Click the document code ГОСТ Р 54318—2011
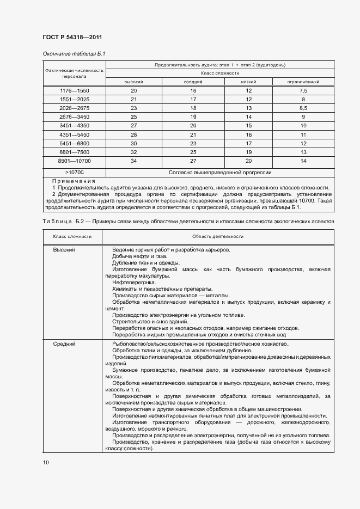click(x=72, y=37)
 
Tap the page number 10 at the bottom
click(x=46, y=462)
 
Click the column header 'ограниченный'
click(x=303, y=82)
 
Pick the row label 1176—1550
click(x=74, y=90)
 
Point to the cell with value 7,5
click(x=303, y=90)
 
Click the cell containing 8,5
click(x=303, y=108)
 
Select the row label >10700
click(x=74, y=173)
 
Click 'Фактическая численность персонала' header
click(x=74, y=73)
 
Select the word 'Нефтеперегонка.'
click(x=134, y=283)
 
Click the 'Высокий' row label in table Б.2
click(x=64, y=250)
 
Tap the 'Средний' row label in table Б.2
click(x=64, y=344)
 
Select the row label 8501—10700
click(x=74, y=162)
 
